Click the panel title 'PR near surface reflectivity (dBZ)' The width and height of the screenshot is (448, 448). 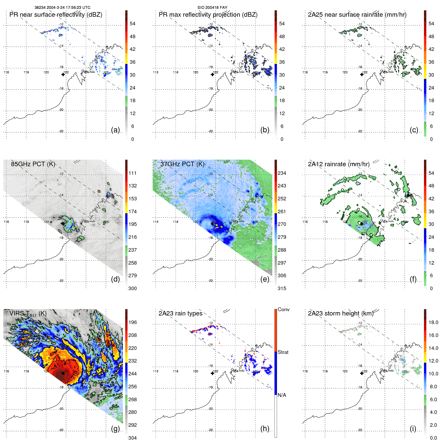[56, 15]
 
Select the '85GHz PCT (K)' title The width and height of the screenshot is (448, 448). [33, 164]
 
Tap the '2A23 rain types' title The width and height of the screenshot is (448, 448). [180, 313]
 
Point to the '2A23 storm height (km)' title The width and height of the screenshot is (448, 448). [340, 313]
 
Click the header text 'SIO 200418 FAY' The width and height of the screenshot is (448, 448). [212, 7]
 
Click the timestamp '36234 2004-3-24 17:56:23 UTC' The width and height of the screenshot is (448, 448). [62, 7]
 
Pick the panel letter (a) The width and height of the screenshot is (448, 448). [115, 130]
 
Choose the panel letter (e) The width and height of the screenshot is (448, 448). [265, 279]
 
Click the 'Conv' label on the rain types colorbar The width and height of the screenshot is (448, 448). [283, 309]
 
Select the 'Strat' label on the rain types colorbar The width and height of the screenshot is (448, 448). [283, 352]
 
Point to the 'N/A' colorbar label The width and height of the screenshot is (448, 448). [282, 395]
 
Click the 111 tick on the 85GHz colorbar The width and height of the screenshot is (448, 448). [133, 173]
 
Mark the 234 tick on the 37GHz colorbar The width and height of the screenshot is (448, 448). [282, 173]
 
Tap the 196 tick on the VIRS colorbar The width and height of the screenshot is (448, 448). [133, 322]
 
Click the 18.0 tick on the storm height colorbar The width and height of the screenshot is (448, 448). [433, 322]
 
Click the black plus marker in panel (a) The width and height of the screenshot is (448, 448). [63, 74]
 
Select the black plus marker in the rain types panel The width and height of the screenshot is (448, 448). [212, 373]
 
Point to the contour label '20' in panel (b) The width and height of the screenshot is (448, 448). [202, 29]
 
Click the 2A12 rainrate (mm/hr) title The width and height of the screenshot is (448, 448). [338, 164]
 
